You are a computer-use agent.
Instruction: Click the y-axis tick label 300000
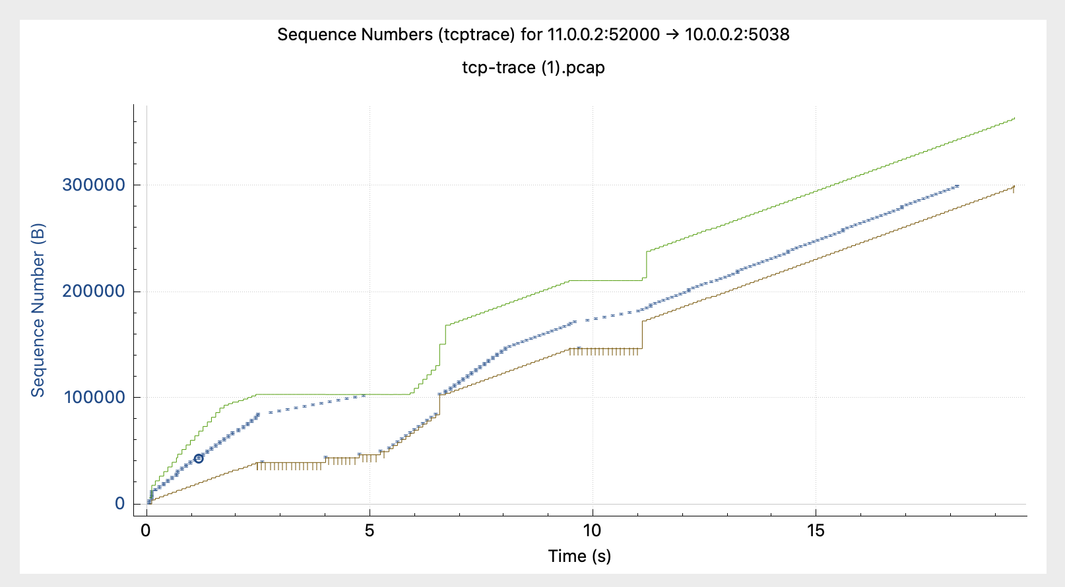pos(94,185)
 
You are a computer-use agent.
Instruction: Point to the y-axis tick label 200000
pos(94,292)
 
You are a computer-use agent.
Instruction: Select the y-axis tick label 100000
pos(94,398)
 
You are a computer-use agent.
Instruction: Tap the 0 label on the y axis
pos(119,504)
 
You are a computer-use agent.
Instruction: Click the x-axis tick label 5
pos(370,531)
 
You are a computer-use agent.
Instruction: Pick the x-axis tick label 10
pos(592,531)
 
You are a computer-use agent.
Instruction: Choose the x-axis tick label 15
pos(816,531)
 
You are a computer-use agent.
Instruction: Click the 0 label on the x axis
pos(146,531)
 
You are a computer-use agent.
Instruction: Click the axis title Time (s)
pos(579,556)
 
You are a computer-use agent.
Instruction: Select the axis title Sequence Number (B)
pos(38,310)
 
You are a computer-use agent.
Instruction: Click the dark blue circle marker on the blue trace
pos(199,458)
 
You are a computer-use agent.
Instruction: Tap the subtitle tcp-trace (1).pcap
pos(533,67)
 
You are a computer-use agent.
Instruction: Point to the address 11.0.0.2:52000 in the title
pos(603,35)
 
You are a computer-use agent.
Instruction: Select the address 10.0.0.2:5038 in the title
pos(737,35)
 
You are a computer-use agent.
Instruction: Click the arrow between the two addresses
pos(672,35)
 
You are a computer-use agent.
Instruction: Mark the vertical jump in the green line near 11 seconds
pos(647,264)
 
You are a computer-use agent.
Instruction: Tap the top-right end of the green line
pos(1014,118)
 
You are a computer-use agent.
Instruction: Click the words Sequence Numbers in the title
pos(354,35)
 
